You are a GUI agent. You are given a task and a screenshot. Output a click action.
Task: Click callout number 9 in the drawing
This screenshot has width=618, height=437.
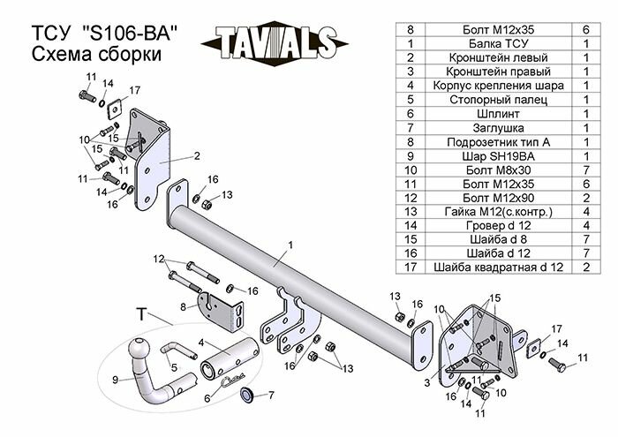click(116, 380)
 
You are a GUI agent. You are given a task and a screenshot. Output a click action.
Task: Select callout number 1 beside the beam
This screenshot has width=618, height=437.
click(289, 244)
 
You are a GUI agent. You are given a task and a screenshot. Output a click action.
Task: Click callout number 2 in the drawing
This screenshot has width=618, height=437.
click(197, 155)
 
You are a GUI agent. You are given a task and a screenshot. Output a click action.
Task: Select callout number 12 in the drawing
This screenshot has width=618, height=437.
click(159, 260)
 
